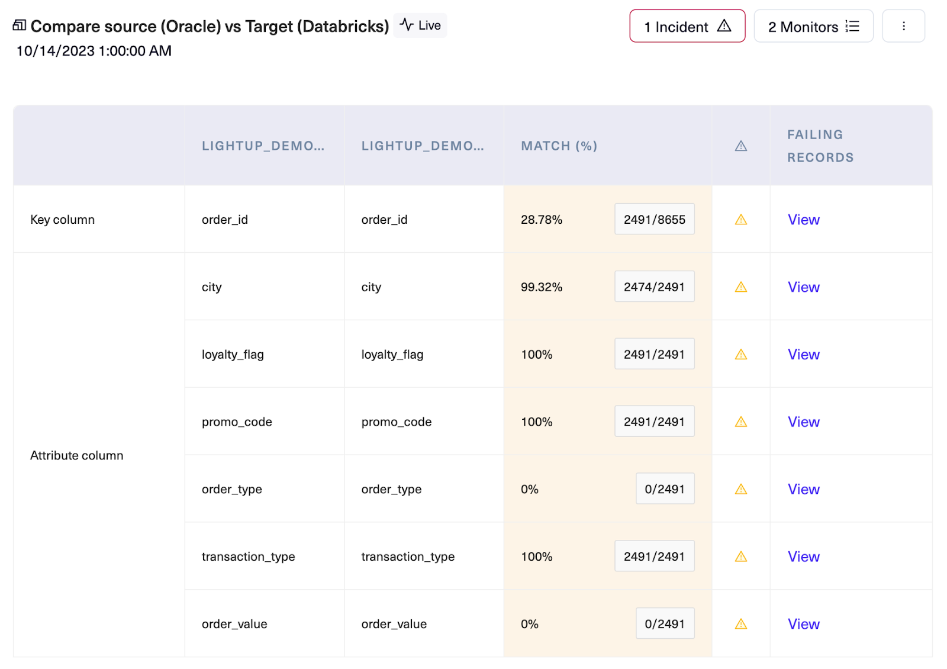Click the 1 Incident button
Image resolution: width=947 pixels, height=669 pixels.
(x=687, y=27)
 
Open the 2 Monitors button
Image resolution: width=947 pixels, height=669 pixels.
(x=813, y=27)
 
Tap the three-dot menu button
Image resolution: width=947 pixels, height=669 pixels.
(x=903, y=27)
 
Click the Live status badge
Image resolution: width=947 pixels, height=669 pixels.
(x=420, y=25)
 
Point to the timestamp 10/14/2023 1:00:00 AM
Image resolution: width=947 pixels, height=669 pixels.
(x=94, y=51)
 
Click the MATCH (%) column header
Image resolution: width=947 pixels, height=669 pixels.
(x=559, y=146)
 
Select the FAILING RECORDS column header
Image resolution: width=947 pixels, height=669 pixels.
(x=820, y=146)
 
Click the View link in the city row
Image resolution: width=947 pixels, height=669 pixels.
(x=803, y=287)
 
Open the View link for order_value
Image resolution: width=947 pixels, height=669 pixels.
(x=803, y=624)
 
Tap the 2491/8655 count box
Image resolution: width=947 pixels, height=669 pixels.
(x=654, y=220)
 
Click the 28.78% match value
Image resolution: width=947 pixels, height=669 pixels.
(x=541, y=220)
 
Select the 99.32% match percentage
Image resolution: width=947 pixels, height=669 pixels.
(x=541, y=287)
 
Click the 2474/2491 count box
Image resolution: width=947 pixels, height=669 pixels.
(x=654, y=287)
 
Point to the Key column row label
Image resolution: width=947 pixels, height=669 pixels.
(x=62, y=220)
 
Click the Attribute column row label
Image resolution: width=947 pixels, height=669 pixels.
(x=76, y=455)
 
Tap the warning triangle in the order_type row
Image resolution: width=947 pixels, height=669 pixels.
(x=740, y=490)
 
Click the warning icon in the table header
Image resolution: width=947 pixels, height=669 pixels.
(x=740, y=146)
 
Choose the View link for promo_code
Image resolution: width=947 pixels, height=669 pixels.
(x=803, y=422)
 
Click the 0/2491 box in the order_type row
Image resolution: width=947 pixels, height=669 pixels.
(x=665, y=489)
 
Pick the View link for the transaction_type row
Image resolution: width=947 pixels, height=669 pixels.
(x=803, y=557)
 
